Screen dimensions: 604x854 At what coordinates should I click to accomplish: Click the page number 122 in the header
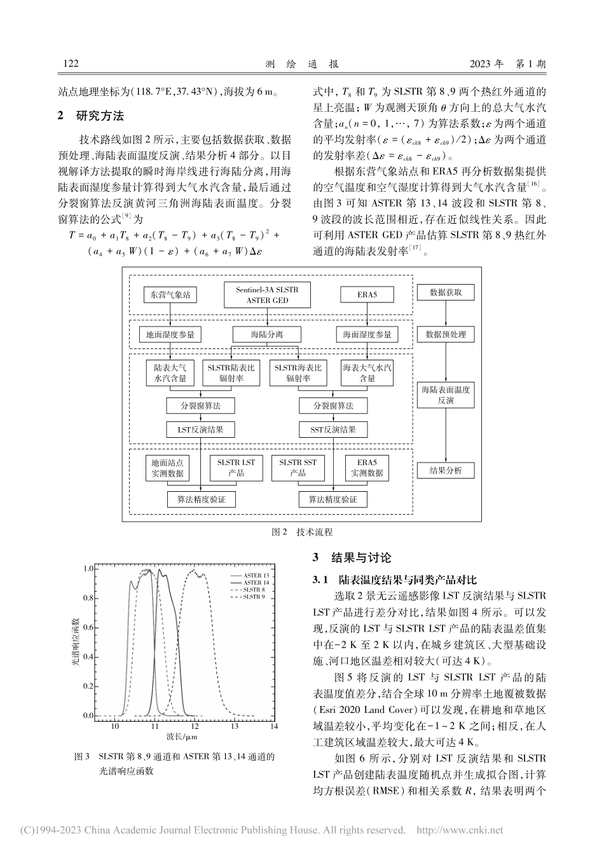coord(71,64)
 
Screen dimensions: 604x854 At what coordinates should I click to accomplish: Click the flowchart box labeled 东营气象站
coord(170,295)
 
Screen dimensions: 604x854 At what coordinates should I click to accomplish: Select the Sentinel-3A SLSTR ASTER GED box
coord(268,294)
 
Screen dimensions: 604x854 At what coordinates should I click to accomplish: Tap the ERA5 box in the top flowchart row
coord(367,295)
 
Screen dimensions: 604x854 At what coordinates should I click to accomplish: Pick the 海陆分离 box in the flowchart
coord(267,334)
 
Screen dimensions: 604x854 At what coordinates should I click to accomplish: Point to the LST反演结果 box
coord(200,430)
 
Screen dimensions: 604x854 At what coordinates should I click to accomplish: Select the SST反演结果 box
coord(333,430)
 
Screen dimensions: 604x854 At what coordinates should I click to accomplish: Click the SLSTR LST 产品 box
coord(232,468)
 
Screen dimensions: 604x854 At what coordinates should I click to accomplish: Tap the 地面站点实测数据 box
coord(167,468)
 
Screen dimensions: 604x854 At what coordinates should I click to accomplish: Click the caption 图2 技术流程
coord(302,532)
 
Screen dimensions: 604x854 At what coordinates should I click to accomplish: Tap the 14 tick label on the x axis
coord(274,725)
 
